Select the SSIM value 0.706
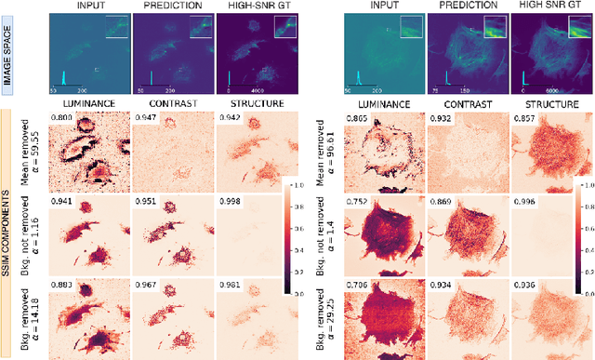pyautogui.click(x=356, y=274)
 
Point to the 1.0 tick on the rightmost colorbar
pyautogui.click(x=586, y=186)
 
